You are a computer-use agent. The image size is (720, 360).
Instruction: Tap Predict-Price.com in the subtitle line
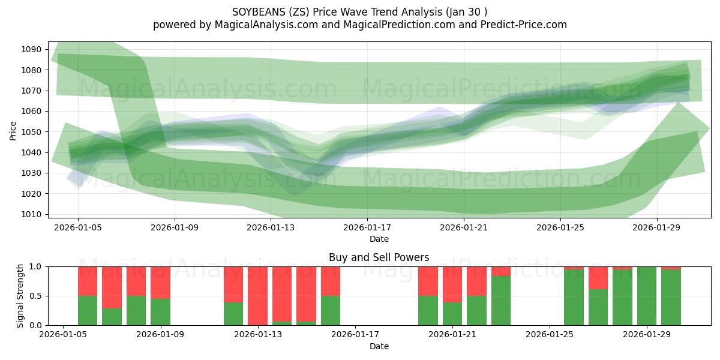click(523, 25)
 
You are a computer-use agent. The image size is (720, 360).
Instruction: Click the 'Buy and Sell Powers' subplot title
click(379, 257)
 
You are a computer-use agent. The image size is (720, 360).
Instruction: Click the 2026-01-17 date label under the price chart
click(367, 228)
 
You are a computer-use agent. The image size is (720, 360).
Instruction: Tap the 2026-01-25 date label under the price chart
click(560, 228)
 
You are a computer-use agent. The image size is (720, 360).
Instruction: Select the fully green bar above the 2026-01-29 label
click(647, 296)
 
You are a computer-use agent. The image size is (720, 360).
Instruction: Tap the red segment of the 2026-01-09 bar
click(160, 282)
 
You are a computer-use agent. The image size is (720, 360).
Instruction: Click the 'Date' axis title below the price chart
click(379, 239)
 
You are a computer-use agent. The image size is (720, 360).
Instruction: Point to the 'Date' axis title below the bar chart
click(379, 346)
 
